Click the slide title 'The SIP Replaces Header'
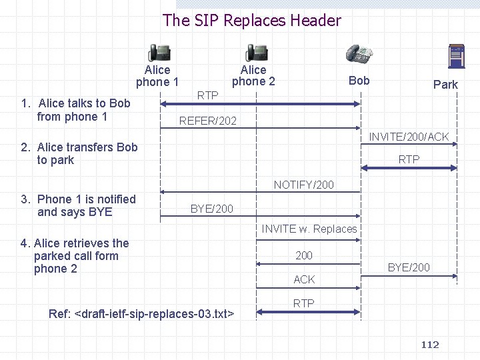pos(251,21)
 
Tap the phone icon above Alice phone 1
pos(159,53)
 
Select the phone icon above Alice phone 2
pos(256,53)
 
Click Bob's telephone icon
pos(359,53)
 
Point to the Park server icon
pos(457,57)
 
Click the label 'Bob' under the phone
pos(359,81)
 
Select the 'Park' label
pos(445,85)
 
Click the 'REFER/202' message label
pos(207,121)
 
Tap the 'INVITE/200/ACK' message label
pos(409,137)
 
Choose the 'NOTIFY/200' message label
pos(304,185)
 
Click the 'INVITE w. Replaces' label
pos(309,229)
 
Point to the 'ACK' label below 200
pos(304,279)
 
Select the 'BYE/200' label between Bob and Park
pos(409,267)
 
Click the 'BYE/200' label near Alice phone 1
pos(211,209)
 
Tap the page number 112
pos(430,345)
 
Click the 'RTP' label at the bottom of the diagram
pos(304,303)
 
